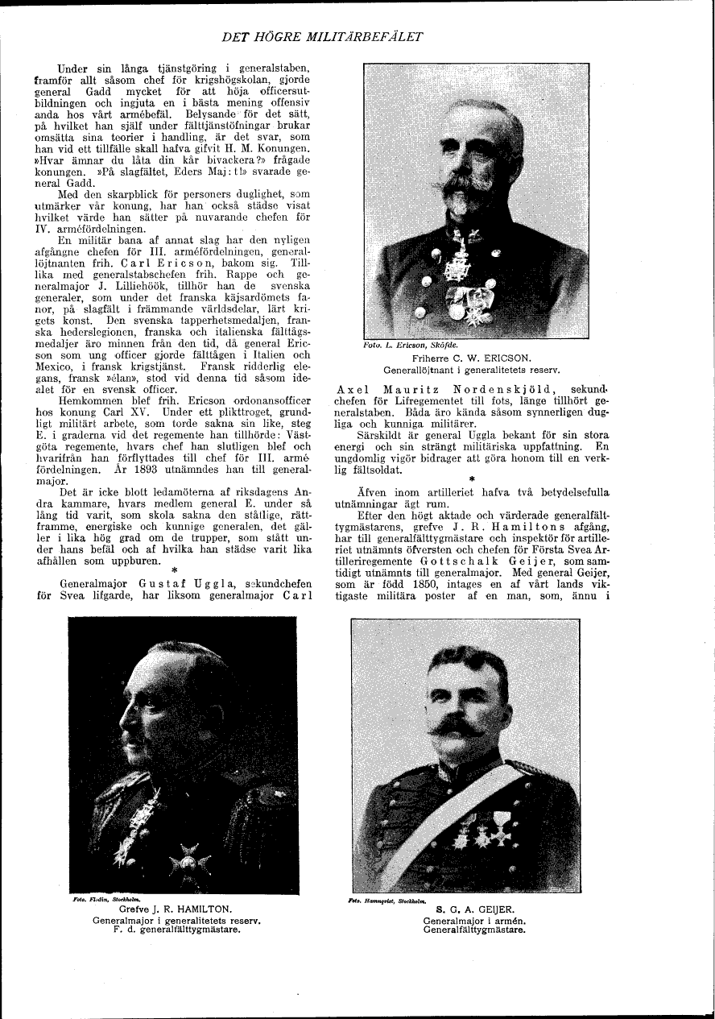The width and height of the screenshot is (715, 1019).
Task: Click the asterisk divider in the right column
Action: (x=472, y=478)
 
